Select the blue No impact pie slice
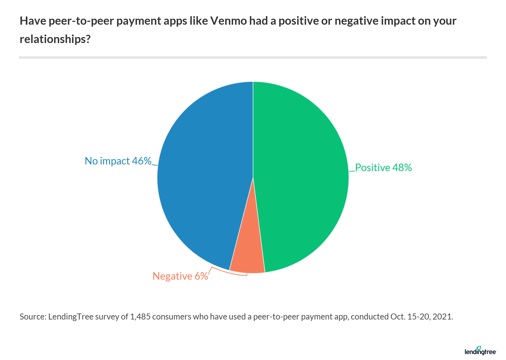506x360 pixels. click(206, 174)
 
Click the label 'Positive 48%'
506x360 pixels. click(383, 168)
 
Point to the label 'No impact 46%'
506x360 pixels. click(118, 161)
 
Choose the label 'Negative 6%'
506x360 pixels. click(180, 276)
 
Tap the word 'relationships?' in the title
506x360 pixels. click(55, 39)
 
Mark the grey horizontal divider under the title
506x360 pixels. click(253, 58)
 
